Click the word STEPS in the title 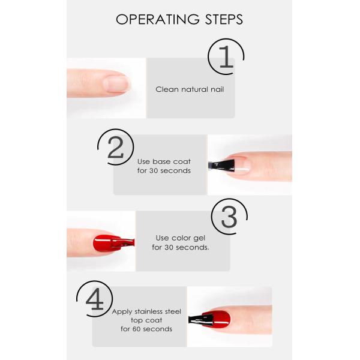(223, 20)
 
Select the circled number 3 (229, 218)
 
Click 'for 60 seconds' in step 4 (146, 329)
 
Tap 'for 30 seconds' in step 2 (164, 170)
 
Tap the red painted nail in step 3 (104, 243)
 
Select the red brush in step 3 (126, 242)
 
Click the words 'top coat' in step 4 (146, 320)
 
